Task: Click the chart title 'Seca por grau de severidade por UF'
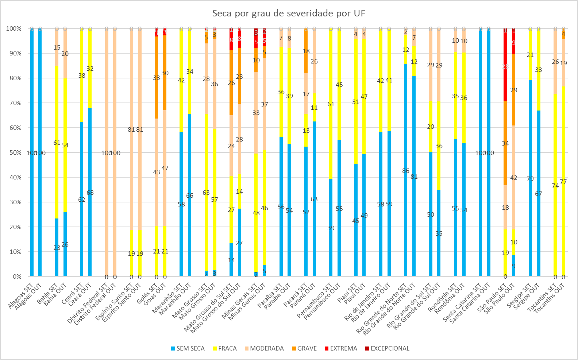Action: pyautogui.click(x=289, y=13)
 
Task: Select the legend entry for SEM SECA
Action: pyautogui.click(x=188, y=348)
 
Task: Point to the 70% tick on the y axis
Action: pyautogui.click(x=14, y=103)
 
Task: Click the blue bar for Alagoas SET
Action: pyautogui.click(x=32, y=109)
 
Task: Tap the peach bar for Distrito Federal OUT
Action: pyautogui.click(x=115, y=109)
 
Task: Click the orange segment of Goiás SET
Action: pyautogui.click(x=157, y=91)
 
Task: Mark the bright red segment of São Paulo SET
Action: pyautogui.click(x=505, y=55)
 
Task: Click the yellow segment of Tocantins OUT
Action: pyautogui.click(x=563, y=219)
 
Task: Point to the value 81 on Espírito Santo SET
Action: pyautogui.click(x=131, y=129)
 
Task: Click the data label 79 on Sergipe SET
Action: pyautogui.click(x=530, y=179)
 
